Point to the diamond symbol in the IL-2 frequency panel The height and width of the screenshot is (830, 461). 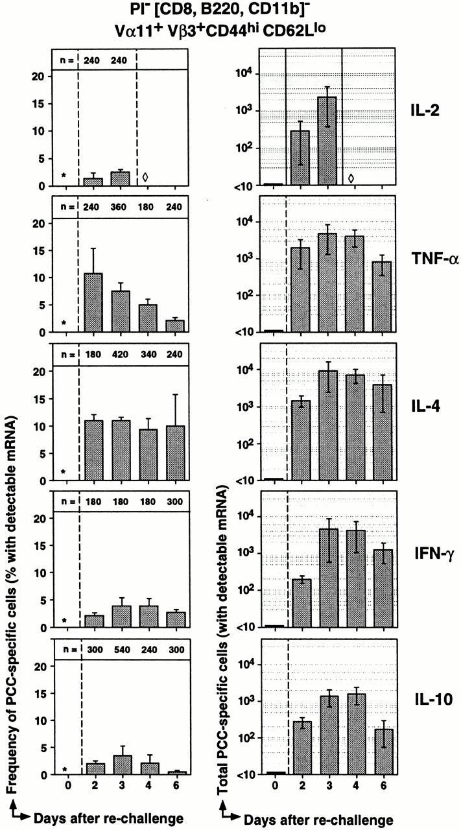click(x=145, y=176)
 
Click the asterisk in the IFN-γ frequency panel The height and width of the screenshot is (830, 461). click(x=64, y=621)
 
